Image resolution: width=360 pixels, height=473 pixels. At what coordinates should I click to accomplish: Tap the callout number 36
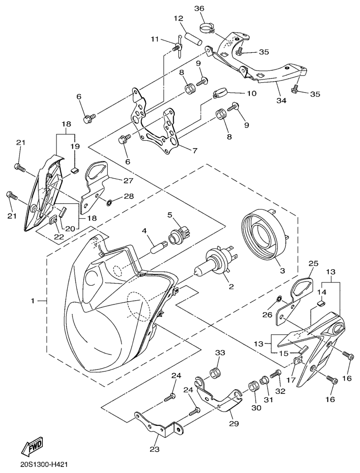pyautogui.click(x=199, y=9)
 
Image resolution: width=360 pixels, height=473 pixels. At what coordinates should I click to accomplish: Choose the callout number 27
pyautogui.click(x=128, y=180)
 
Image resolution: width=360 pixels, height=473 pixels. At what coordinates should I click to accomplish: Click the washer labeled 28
pyautogui.click(x=109, y=203)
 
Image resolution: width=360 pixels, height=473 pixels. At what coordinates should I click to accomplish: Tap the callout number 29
pyautogui.click(x=233, y=424)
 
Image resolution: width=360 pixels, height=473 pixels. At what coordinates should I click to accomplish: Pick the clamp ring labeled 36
pyautogui.click(x=205, y=26)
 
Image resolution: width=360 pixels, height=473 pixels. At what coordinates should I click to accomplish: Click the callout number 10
pyautogui.click(x=251, y=93)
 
